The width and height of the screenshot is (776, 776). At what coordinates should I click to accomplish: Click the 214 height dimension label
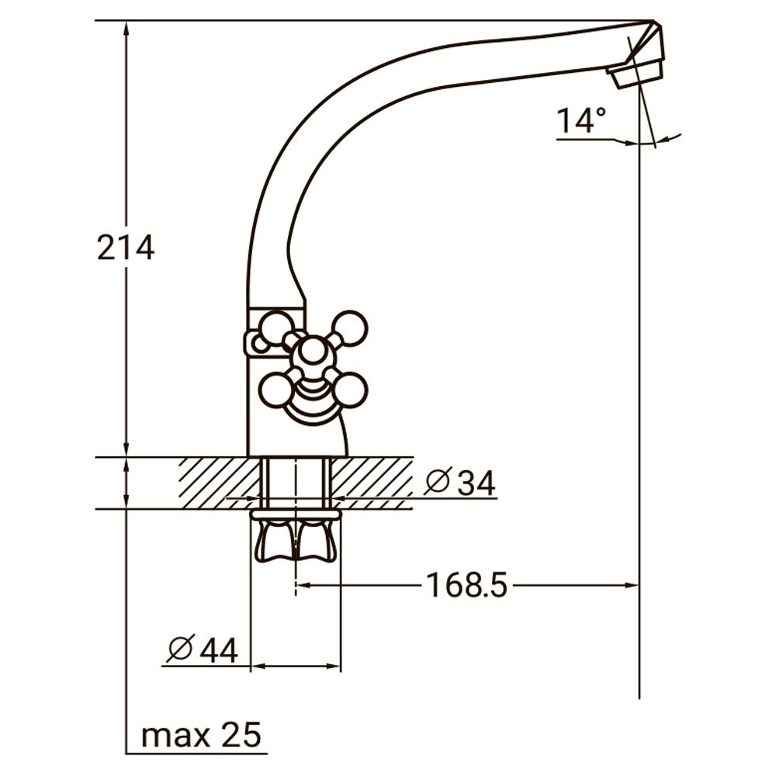point(126,248)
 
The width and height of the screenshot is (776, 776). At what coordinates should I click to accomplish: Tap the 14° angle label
point(580,121)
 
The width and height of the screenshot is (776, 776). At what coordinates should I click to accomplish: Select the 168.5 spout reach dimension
point(466,585)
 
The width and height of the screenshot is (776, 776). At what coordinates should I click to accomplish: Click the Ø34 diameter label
point(459,483)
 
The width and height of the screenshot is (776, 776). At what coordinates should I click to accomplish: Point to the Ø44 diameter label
point(203,650)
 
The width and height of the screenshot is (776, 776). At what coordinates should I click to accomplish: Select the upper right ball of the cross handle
point(351,327)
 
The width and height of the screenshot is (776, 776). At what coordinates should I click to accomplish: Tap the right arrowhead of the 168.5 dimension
point(632,585)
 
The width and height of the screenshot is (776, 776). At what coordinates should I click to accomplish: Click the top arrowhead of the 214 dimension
point(126,28)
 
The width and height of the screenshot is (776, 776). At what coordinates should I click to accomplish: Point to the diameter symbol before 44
point(180,650)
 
